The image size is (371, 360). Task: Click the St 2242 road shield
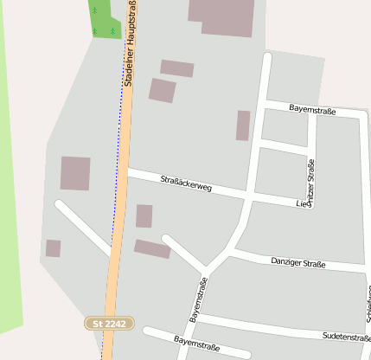click(110, 323)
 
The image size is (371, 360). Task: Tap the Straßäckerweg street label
click(186, 183)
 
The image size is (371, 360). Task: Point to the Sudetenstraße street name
click(345, 336)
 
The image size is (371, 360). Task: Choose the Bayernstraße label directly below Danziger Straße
click(198, 300)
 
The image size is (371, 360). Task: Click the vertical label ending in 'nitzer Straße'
click(311, 183)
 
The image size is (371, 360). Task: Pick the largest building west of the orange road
click(75, 173)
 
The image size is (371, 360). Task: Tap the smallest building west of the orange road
click(53, 248)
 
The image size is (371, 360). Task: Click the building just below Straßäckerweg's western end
click(144, 215)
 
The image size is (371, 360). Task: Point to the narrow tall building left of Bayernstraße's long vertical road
click(243, 125)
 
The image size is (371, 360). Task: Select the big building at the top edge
click(223, 16)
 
